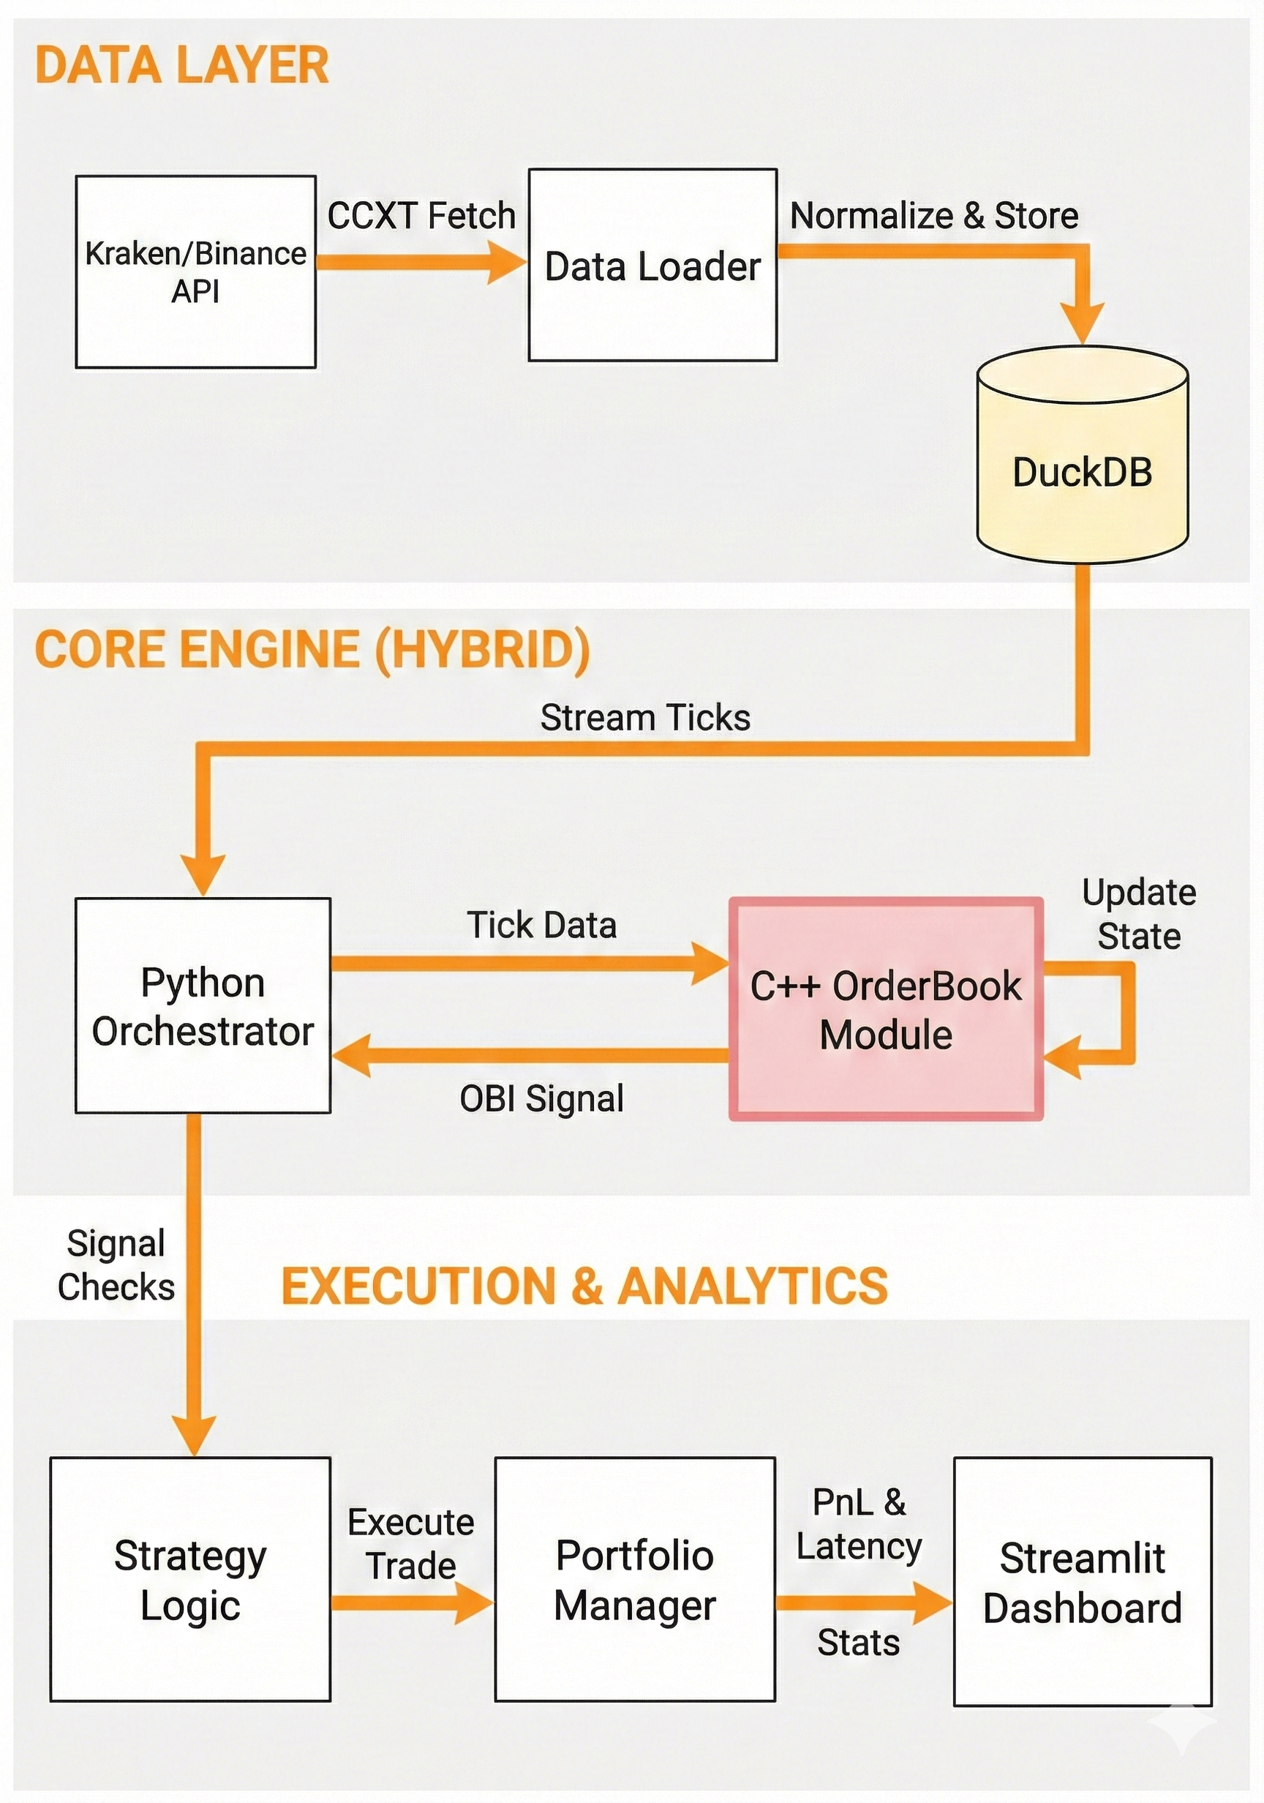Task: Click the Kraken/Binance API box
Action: click(x=195, y=271)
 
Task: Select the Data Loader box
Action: click(x=652, y=266)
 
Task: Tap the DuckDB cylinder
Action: click(x=1082, y=471)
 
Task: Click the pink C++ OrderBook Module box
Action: click(x=886, y=1009)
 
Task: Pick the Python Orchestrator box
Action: click(x=203, y=1006)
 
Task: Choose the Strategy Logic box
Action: click(x=190, y=1579)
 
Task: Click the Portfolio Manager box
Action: click(x=634, y=1579)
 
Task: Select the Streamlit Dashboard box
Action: click(x=1082, y=1582)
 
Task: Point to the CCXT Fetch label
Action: click(x=421, y=216)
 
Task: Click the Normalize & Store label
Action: click(x=933, y=216)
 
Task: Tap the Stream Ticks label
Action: click(x=644, y=718)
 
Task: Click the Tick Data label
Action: click(x=542, y=925)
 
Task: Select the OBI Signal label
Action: click(x=542, y=1098)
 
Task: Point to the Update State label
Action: click(x=1138, y=914)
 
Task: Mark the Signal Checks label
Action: click(x=116, y=1265)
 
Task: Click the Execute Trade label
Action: click(x=410, y=1544)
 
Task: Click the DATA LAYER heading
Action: click(x=182, y=65)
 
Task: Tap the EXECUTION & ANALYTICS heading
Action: click(x=584, y=1286)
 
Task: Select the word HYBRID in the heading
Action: click(x=481, y=650)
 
